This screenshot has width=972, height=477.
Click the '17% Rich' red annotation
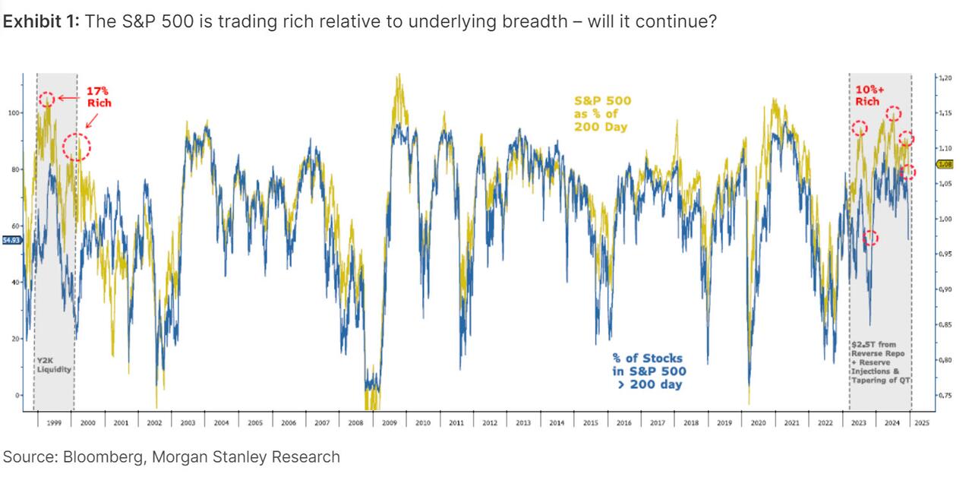[x=99, y=96]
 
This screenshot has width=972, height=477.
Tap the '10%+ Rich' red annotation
[x=867, y=95]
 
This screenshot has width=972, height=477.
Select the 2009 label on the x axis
[x=389, y=422]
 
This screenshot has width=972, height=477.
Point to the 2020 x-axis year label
[x=758, y=422]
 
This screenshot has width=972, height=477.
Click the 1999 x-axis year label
[x=54, y=422]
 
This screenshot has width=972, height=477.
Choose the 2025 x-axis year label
[x=921, y=422]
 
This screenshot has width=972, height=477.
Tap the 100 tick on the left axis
[x=14, y=112]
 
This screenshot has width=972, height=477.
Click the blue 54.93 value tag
[x=12, y=240]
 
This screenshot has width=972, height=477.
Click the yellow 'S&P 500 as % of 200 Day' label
[x=601, y=113]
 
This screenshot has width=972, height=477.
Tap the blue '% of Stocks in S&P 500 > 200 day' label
[x=649, y=371]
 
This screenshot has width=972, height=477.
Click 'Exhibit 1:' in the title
[x=41, y=21]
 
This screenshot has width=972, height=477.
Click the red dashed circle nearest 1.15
[x=893, y=114]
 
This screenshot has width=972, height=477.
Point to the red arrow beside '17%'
[x=70, y=98]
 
